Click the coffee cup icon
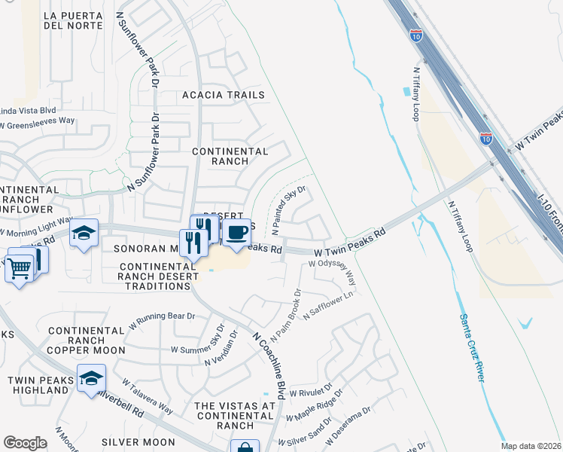pyautogui.click(x=236, y=231)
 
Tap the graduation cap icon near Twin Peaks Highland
pyautogui.click(x=91, y=377)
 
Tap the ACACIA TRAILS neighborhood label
pyautogui.click(x=224, y=95)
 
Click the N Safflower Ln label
pyautogui.click(x=328, y=307)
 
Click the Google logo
pyautogui.click(x=25, y=443)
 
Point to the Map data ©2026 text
pyautogui.click(x=531, y=446)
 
